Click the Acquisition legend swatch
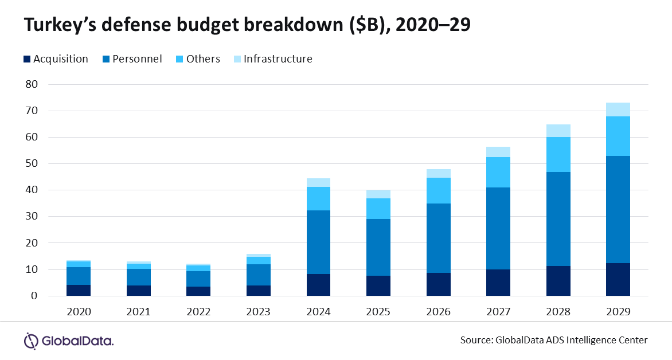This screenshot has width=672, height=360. tap(27, 59)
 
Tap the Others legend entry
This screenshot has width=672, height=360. tap(197, 59)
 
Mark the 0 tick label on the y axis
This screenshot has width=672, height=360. tap(34, 296)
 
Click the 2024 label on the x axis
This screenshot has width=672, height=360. tap(318, 312)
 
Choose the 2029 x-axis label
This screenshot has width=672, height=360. tap(618, 312)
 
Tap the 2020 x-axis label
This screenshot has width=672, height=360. tap(79, 312)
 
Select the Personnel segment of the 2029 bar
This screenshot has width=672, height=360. tap(618, 209)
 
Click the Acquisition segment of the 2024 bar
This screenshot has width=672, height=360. tap(318, 285)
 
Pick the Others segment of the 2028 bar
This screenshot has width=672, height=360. tap(558, 154)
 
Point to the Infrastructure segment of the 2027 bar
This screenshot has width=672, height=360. tap(498, 152)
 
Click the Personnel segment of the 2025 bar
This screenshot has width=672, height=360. tap(378, 247)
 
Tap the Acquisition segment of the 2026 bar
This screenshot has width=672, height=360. tap(438, 284)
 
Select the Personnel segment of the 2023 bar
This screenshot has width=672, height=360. tap(259, 275)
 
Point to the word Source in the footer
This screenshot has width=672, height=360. tap(475, 340)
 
